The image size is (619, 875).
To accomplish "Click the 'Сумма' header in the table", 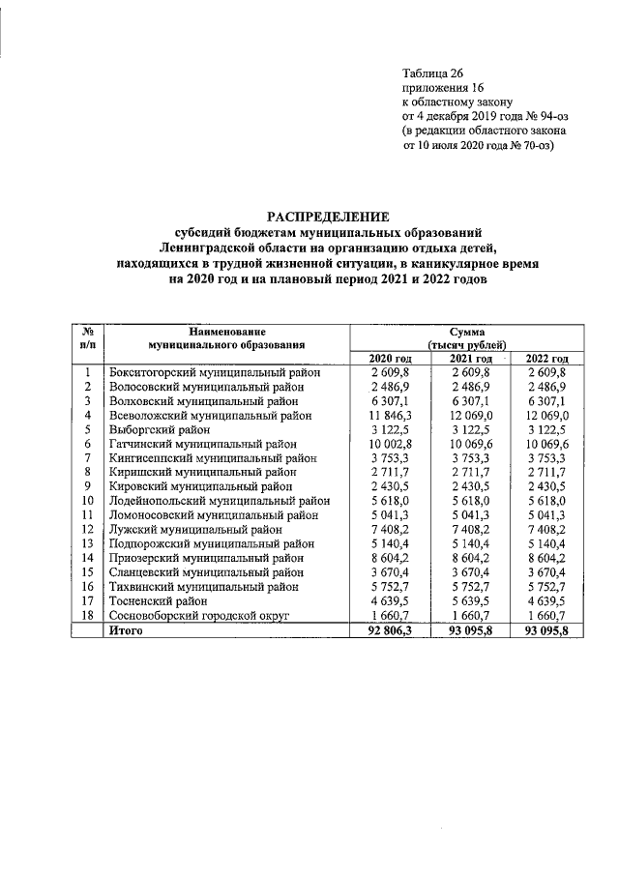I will pyautogui.click(x=467, y=331).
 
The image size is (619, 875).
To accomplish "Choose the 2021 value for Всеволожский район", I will pyautogui.click(x=469, y=414).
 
